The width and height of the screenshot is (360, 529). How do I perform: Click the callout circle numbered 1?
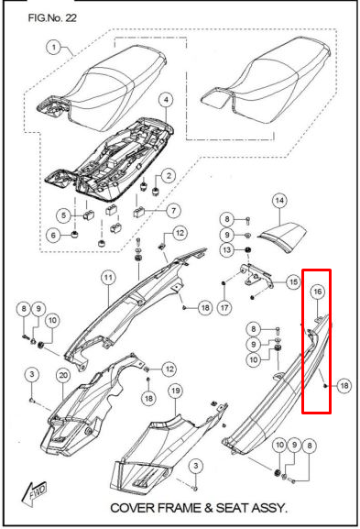coord(54,47)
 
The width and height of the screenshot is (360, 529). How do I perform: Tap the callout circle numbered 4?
coord(166,100)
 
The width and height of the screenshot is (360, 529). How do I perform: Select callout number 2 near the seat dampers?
coord(169,176)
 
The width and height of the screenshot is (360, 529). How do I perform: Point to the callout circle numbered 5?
coord(64,215)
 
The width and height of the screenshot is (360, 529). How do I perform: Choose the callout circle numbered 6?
coord(53,235)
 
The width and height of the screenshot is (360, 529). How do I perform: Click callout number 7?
coord(173,211)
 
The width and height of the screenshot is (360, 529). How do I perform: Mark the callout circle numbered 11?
coord(108,278)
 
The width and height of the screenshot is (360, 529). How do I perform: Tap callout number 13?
coord(227,250)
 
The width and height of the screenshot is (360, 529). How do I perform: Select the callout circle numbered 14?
coord(279,201)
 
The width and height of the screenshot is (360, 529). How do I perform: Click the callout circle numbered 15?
coord(294,281)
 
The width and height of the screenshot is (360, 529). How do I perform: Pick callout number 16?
coord(318,292)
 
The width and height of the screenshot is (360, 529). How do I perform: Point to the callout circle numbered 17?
coord(224,307)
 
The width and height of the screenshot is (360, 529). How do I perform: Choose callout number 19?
coord(175,391)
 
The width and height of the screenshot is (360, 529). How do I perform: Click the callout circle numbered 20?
coord(63,376)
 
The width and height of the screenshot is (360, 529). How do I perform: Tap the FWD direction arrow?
coord(34,493)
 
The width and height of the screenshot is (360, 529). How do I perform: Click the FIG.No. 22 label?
coord(52,17)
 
